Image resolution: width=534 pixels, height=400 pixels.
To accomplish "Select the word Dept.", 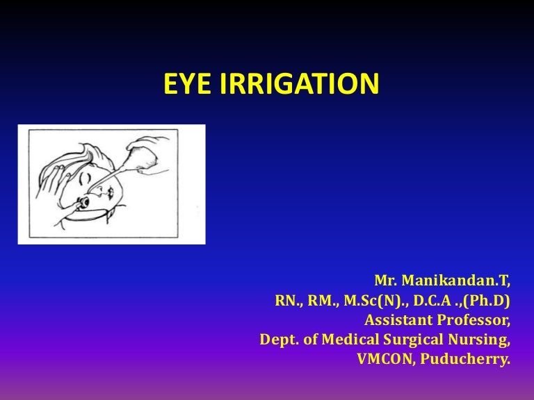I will pos(277,341).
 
